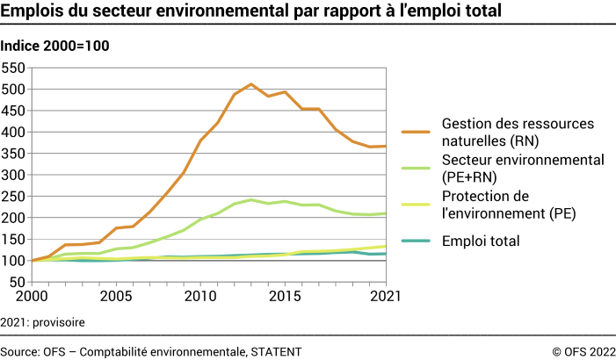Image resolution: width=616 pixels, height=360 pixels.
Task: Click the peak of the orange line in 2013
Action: [250, 84]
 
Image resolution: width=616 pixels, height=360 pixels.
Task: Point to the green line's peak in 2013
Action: [250, 199]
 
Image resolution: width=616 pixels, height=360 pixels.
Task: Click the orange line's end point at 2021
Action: [386, 147]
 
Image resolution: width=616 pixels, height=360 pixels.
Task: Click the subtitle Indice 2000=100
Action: [55, 45]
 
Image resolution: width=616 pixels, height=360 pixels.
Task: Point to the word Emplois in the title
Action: [33, 12]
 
